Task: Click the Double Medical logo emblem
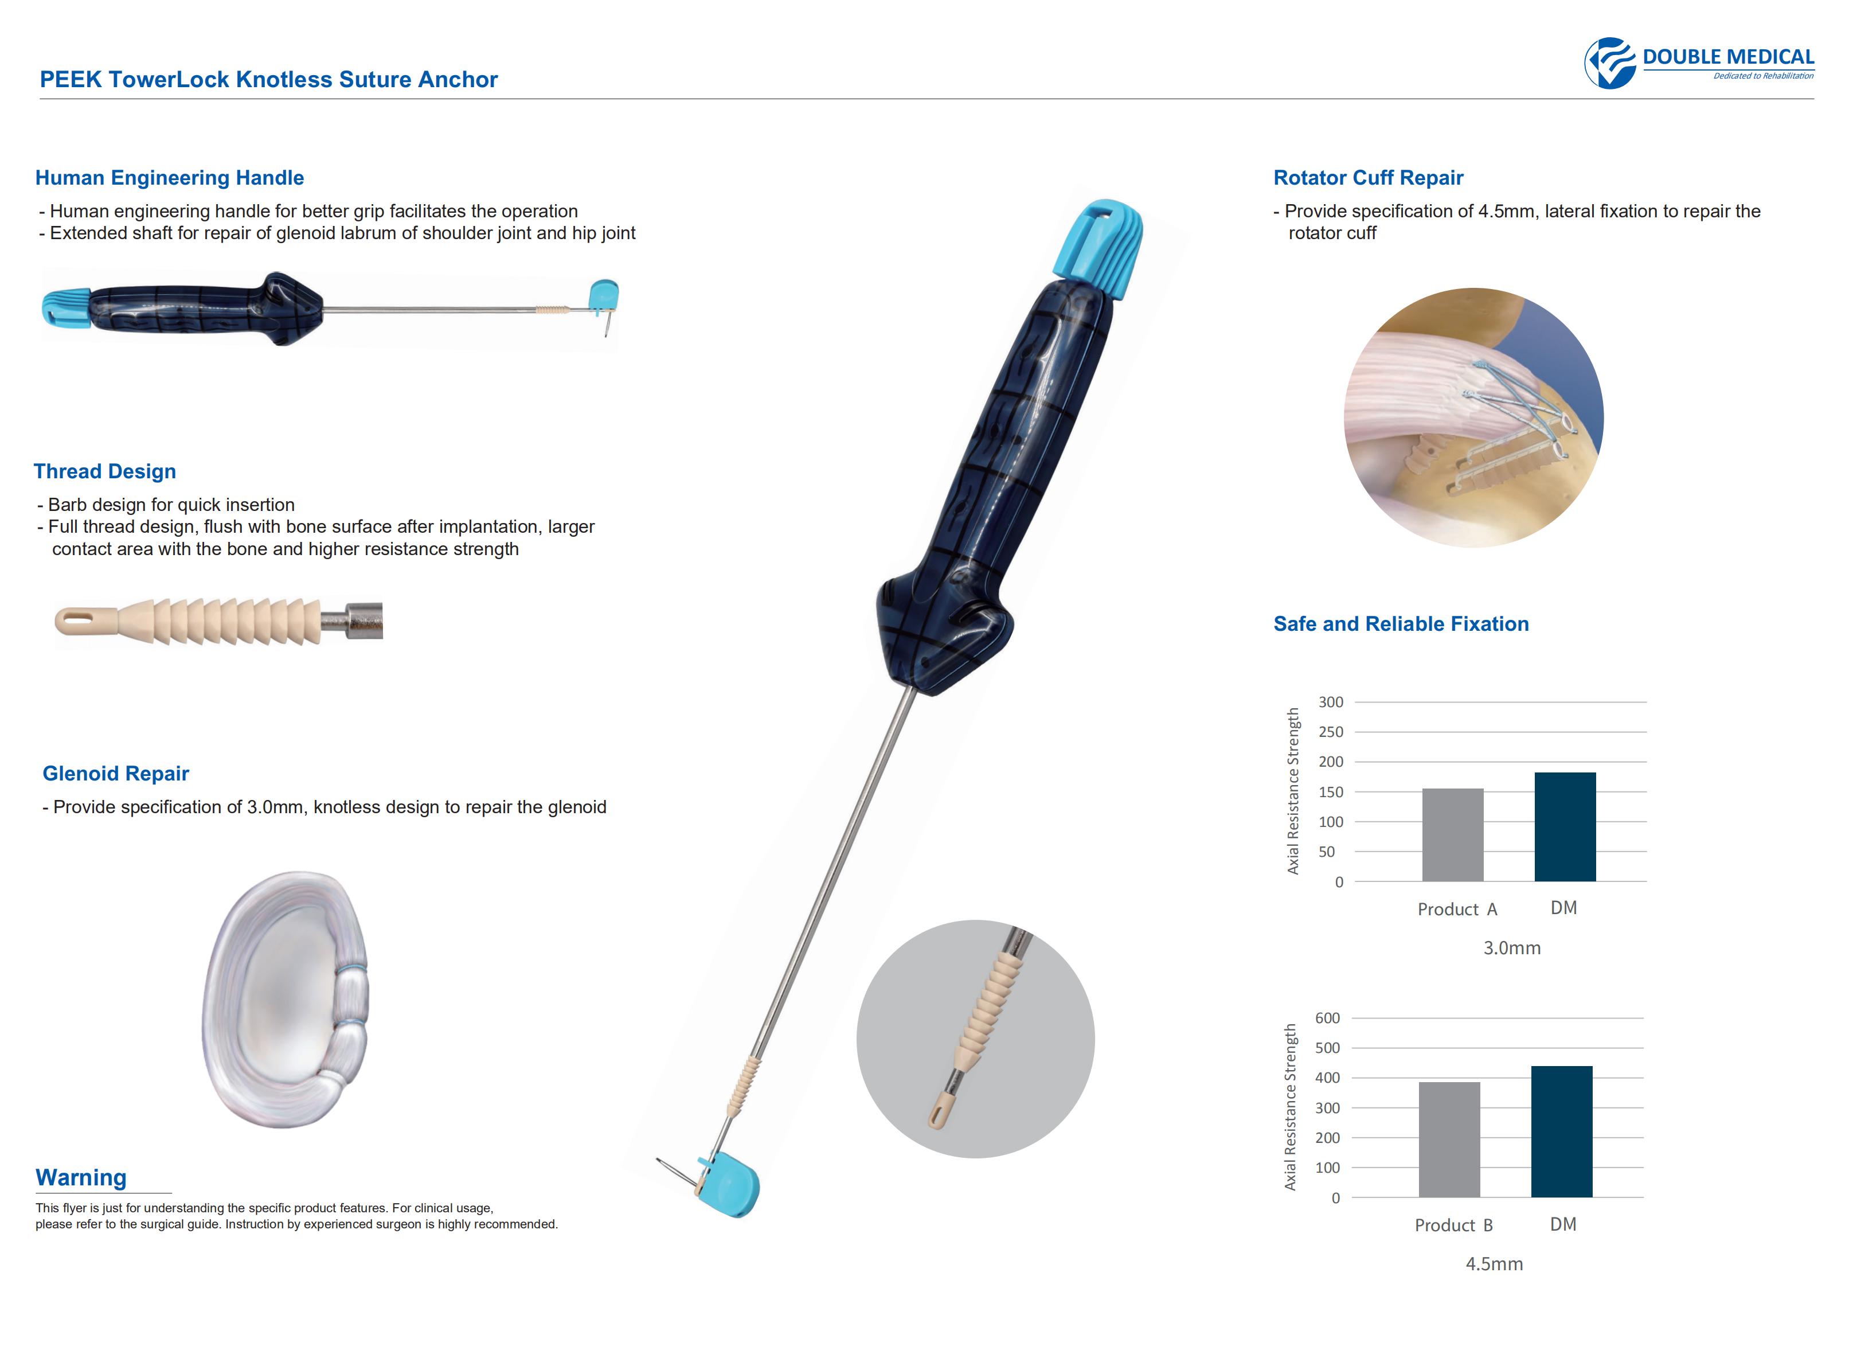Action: tap(1610, 63)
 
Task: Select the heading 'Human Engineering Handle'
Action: tap(170, 178)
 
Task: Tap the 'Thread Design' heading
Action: tap(105, 471)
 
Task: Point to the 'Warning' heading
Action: tap(81, 1177)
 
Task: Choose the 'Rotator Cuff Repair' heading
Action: tap(1368, 178)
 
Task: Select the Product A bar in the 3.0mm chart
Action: tap(1452, 835)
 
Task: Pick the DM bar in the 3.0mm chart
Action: tap(1565, 827)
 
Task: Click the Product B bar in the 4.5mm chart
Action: tap(1449, 1139)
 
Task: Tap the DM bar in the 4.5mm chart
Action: tap(1561, 1131)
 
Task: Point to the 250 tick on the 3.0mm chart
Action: tap(1331, 732)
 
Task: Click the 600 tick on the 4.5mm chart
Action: tap(1327, 1018)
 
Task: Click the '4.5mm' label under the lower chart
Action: tap(1494, 1263)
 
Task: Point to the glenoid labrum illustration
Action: tap(285, 999)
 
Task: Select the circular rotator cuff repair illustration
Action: tap(1473, 417)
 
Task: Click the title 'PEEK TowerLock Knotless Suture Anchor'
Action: tap(269, 79)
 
